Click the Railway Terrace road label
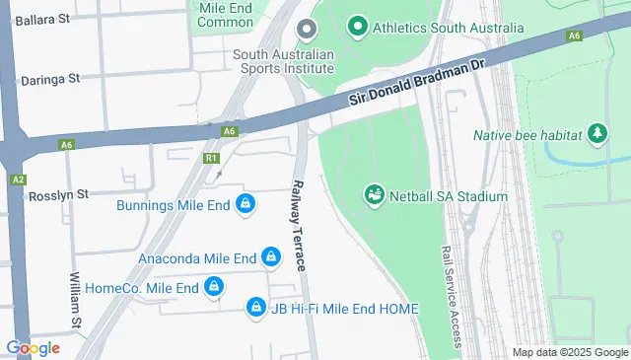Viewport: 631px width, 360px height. pos(297,227)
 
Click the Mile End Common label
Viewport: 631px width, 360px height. pos(226,14)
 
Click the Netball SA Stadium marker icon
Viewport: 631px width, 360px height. pos(374,195)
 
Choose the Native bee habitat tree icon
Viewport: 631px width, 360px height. pos(596,134)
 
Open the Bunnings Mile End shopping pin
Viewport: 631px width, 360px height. pos(245,205)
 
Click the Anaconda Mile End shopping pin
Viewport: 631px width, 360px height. pos(271,258)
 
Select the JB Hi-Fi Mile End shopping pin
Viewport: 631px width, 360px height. pos(256,308)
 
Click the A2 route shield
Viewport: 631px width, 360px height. pos(19,180)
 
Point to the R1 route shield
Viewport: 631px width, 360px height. pos(211,158)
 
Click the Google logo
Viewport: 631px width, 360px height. pos(33,347)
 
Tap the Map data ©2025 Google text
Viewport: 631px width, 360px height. pos(570,352)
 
